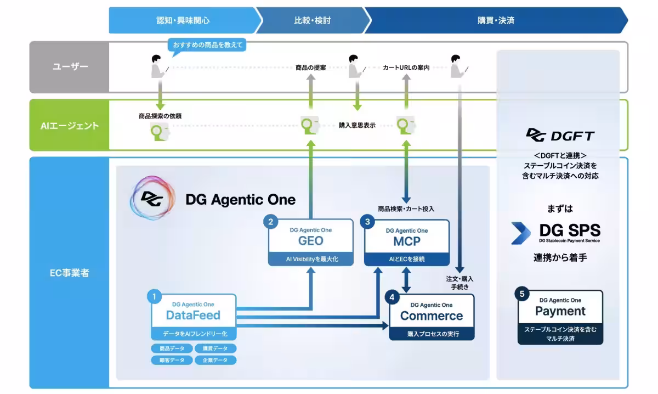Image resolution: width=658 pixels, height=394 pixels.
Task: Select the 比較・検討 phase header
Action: tap(313, 20)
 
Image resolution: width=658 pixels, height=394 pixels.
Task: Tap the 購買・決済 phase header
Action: tap(496, 20)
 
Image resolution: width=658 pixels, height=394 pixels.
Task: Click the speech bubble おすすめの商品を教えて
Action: tap(207, 45)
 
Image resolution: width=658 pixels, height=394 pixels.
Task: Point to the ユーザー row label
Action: tap(70, 67)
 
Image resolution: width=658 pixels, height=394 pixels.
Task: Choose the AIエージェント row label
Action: tap(70, 126)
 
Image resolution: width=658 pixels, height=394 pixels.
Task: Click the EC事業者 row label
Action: tap(70, 273)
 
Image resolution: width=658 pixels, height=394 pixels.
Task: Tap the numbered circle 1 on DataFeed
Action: tap(155, 296)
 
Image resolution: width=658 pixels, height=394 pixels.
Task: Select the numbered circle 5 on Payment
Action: tap(522, 294)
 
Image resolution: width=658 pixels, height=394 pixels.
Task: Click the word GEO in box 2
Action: tap(311, 241)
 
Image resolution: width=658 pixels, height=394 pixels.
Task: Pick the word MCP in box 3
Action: tap(407, 241)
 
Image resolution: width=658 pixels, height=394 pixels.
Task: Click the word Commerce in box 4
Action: tap(432, 316)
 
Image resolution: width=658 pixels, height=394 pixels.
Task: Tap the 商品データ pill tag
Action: tap(172, 348)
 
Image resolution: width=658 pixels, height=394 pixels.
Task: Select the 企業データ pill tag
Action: tap(215, 360)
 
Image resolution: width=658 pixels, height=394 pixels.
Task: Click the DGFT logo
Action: tap(560, 135)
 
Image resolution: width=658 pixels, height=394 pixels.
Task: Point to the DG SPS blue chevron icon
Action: tap(521, 233)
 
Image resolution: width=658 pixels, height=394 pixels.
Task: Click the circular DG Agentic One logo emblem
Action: tap(152, 198)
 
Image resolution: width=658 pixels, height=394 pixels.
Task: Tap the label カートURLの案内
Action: tap(406, 67)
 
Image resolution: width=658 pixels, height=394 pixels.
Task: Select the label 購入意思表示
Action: tap(357, 125)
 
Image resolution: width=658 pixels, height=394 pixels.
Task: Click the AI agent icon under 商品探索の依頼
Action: tap(160, 132)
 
